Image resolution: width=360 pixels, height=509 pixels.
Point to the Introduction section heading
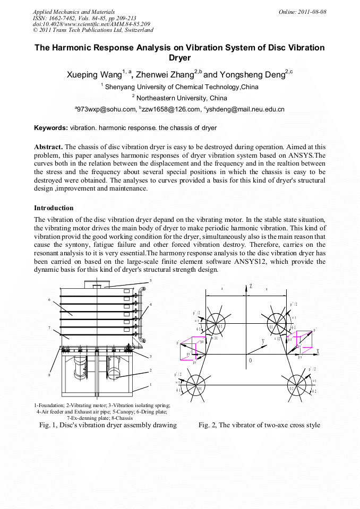[x=54, y=208]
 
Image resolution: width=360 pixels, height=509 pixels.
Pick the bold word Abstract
[x=48, y=146]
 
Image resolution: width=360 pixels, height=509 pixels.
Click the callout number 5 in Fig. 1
[x=150, y=280]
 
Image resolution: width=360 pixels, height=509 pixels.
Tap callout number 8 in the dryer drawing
[x=49, y=375]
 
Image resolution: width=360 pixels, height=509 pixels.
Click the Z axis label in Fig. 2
[x=250, y=287]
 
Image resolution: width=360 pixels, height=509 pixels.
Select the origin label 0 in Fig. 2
[x=250, y=360]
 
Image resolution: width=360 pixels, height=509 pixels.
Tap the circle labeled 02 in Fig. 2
[x=292, y=388]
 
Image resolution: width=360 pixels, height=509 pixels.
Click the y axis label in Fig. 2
[x=263, y=341]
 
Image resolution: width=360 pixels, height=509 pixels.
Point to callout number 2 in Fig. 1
[x=151, y=370]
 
